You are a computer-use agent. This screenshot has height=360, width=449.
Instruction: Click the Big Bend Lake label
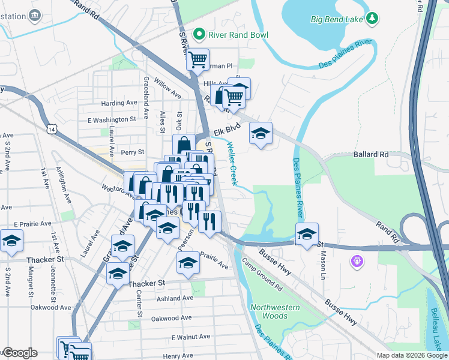coord(337,19)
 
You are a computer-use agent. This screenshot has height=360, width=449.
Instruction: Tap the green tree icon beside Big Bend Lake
coord(373,19)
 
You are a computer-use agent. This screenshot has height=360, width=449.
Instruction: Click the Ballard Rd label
coord(372,154)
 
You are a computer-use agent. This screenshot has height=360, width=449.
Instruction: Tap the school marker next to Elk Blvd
coord(261,133)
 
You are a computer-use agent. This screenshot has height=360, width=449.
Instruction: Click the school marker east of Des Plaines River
coord(307,233)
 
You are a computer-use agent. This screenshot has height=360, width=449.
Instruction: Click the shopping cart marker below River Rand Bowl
coord(197,59)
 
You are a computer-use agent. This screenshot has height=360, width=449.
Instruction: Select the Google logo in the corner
coord(19,353)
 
